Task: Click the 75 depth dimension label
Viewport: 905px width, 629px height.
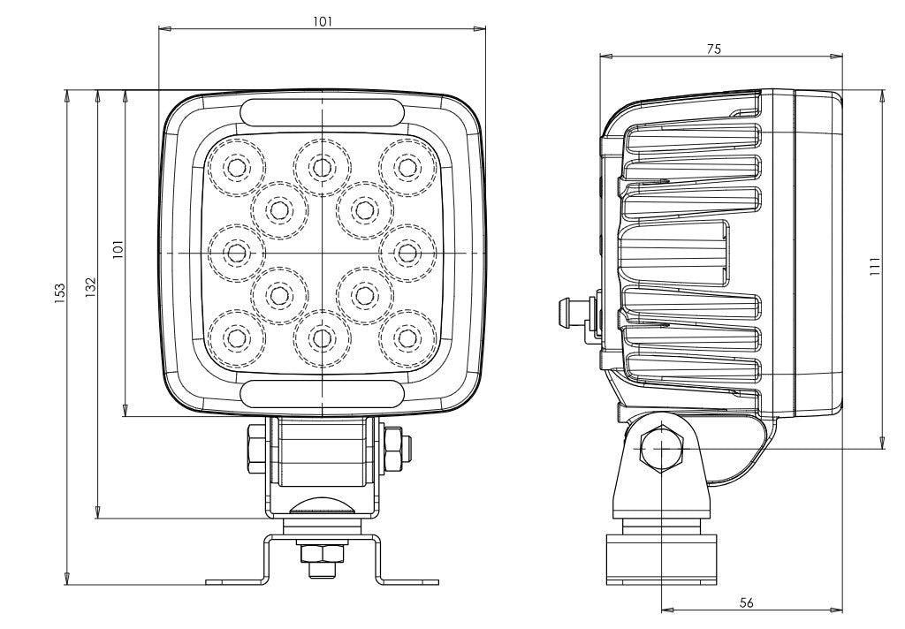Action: click(x=713, y=49)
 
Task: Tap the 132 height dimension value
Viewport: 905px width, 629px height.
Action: click(x=89, y=284)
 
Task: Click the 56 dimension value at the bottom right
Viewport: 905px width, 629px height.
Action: click(x=746, y=602)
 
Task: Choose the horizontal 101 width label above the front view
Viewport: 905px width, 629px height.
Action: click(x=323, y=22)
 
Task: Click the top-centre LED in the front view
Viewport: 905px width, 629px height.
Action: click(x=322, y=165)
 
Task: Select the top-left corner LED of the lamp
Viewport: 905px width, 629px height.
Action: click(x=237, y=166)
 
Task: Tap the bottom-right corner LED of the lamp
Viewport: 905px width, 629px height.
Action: click(x=407, y=337)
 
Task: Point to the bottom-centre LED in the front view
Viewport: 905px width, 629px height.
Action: click(x=322, y=337)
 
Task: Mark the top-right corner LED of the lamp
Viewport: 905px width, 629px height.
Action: click(x=407, y=166)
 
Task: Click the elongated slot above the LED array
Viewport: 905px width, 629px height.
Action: click(x=322, y=113)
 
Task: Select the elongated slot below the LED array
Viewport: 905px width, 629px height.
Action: click(x=322, y=394)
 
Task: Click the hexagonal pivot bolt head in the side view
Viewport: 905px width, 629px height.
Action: click(x=661, y=448)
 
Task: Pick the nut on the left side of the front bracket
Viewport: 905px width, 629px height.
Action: click(x=255, y=446)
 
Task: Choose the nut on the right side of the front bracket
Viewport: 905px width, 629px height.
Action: click(x=393, y=446)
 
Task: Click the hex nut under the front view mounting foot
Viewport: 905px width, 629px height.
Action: click(x=323, y=554)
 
